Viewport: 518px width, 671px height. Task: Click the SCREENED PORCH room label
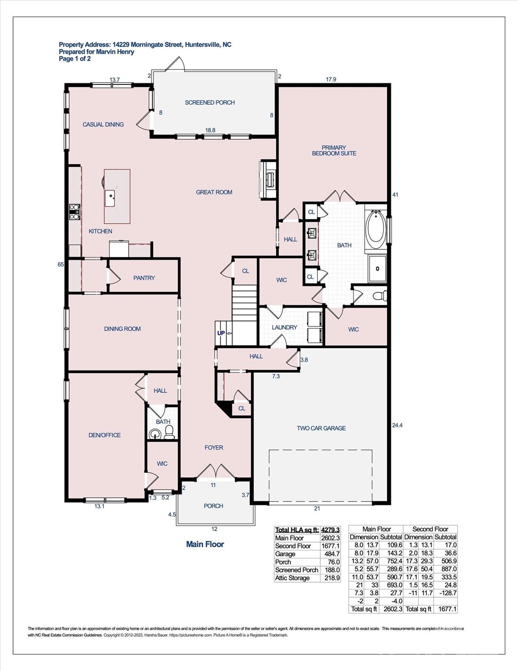tap(209, 103)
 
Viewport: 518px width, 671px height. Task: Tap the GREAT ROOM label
tap(214, 192)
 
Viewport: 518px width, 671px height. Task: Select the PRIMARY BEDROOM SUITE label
tap(334, 150)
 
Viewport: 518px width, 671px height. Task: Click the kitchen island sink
tap(110, 199)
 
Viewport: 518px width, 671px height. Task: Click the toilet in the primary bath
tap(380, 295)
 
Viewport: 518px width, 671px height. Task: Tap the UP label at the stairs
tap(221, 333)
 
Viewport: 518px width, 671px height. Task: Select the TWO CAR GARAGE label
tap(321, 428)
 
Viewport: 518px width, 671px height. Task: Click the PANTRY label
tap(144, 278)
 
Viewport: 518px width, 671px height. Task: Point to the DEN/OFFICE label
tap(105, 435)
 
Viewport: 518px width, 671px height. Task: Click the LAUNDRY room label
tap(284, 327)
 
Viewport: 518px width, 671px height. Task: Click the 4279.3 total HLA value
tap(330, 530)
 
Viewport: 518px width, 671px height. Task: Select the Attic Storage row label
tap(292, 578)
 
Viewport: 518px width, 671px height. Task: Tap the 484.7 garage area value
tap(332, 554)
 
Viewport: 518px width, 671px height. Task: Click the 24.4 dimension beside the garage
tap(397, 425)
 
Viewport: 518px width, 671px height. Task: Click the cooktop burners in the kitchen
tap(74, 212)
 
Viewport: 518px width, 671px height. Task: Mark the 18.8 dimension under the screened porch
tap(210, 130)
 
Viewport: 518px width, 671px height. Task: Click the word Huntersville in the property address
tap(202, 45)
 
